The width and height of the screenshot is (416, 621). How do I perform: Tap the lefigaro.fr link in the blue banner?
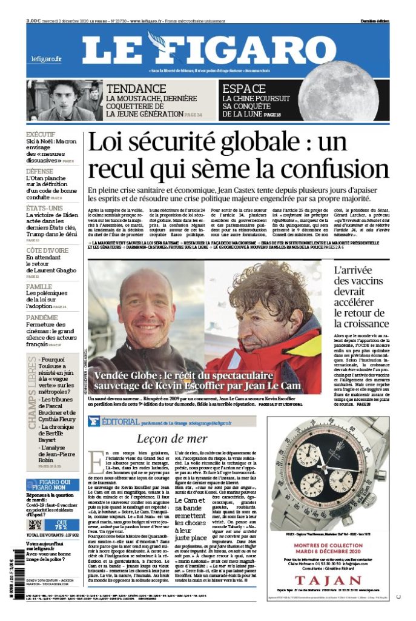tap(47, 59)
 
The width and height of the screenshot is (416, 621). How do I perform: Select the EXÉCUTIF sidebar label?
tap(41, 134)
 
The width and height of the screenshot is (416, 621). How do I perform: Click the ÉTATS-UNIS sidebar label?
tap(44, 208)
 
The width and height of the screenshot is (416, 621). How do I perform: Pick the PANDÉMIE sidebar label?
tap(42, 317)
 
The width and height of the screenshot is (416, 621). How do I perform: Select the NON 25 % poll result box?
tap(36, 526)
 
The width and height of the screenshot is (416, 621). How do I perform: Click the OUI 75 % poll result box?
tap(61, 526)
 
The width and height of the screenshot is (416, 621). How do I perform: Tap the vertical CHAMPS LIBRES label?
tap(33, 392)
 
